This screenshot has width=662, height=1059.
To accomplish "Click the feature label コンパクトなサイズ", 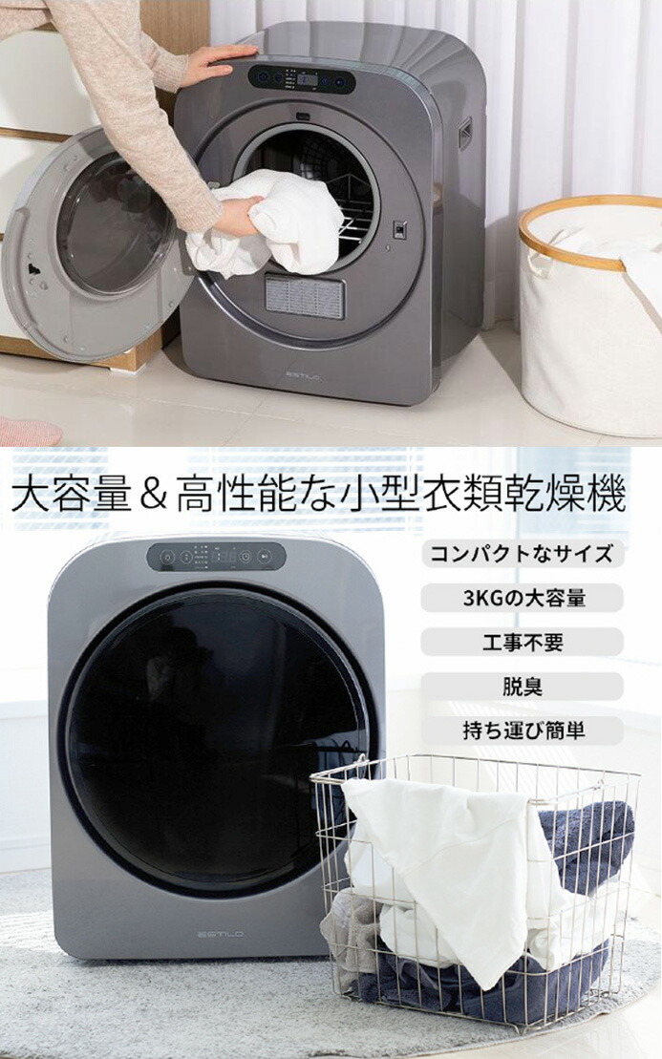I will (x=522, y=554).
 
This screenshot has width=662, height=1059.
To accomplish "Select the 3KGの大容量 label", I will (x=522, y=598).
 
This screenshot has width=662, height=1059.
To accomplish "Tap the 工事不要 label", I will (x=522, y=642).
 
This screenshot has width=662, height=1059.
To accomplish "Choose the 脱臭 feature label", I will (x=522, y=687).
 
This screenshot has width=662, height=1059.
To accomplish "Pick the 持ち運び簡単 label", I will (x=522, y=731).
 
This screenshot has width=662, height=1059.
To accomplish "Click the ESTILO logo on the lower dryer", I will (x=220, y=934).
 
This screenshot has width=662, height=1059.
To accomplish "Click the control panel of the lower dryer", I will (x=216, y=557).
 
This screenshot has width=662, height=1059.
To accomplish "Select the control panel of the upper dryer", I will (x=302, y=78).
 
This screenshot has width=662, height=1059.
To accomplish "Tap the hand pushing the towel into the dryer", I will (x=238, y=216).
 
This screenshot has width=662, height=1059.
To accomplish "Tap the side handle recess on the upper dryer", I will (x=465, y=133).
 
